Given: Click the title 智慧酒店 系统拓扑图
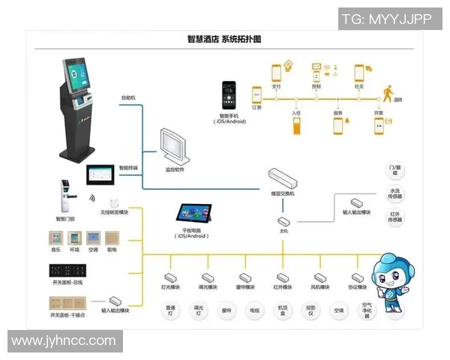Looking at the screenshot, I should (x=224, y=39).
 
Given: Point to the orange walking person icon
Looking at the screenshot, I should (x=388, y=93).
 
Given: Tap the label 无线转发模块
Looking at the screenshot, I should (x=115, y=213).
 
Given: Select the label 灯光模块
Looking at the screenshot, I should (x=171, y=286).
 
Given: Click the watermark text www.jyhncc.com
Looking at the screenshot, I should (x=64, y=341).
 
